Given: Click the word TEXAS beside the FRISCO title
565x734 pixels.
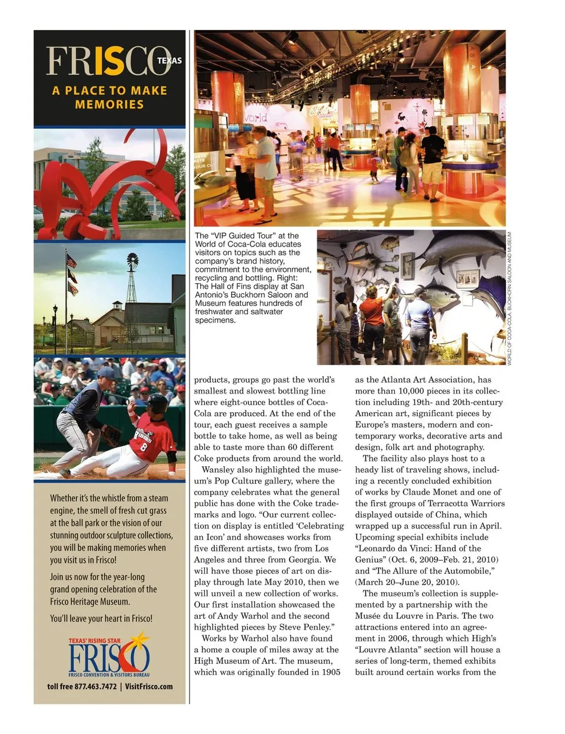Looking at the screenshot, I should coord(169,61).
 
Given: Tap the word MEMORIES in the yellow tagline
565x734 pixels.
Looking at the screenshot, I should coord(109,105).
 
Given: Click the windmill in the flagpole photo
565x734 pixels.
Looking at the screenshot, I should coord(133,261).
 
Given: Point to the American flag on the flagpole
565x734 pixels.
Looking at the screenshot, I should coord(71,261).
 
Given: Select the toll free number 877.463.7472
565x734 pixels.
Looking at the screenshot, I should coord(95,686).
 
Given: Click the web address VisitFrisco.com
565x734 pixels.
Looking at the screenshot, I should coord(149,686).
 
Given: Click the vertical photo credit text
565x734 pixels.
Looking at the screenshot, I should coord(510,298).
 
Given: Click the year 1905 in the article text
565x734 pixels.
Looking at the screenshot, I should coord(330,672).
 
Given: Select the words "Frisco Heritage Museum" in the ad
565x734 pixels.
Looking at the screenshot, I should coord(89,602).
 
